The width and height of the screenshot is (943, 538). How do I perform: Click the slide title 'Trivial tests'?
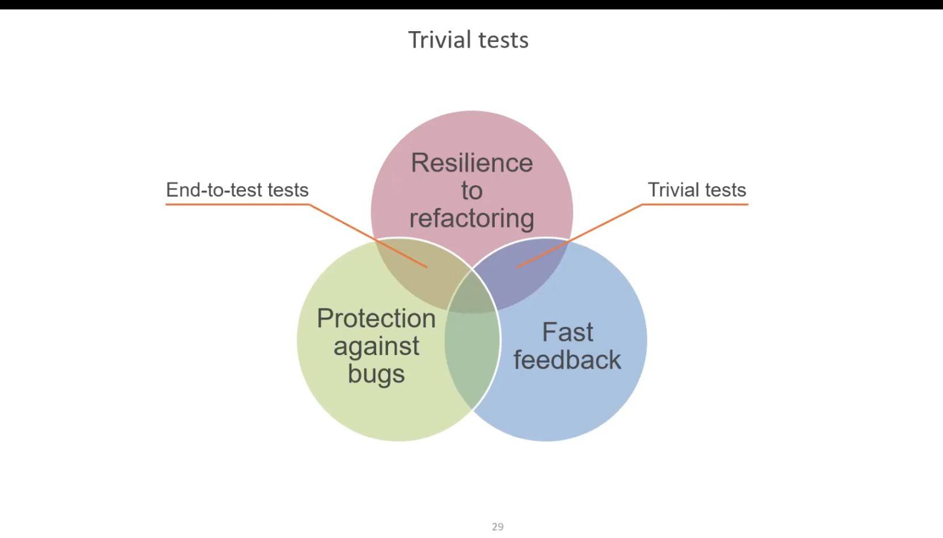coord(468,40)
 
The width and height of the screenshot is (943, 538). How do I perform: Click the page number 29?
coord(498,527)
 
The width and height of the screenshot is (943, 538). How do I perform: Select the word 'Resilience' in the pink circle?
coord(471,163)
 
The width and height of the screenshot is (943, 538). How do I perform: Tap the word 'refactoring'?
coord(471,218)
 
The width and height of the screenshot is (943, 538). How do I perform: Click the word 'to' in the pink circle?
coord(471,191)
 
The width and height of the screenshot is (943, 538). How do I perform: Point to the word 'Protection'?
coord(376,318)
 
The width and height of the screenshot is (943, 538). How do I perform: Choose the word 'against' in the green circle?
coord(376,346)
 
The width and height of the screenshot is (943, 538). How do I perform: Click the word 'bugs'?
coord(376,374)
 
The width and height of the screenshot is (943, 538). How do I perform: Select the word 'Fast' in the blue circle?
coord(567,332)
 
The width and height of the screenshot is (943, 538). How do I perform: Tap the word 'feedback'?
coord(567,360)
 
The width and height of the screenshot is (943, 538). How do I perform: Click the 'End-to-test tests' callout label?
coord(237,190)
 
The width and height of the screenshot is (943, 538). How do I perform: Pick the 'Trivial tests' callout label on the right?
coord(696,190)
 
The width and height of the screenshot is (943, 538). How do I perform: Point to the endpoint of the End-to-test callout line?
coord(426,267)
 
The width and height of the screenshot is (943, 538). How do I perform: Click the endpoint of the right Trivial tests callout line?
coord(518,267)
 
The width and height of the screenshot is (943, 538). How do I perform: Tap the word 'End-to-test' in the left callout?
coord(214,190)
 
